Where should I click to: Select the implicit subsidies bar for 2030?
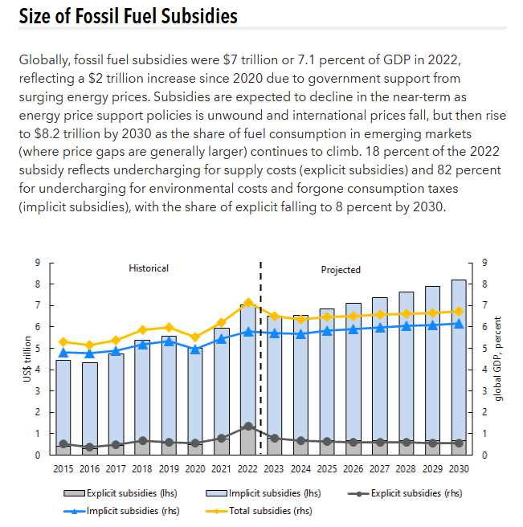click(x=459, y=362)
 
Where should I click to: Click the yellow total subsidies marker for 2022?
click(x=249, y=303)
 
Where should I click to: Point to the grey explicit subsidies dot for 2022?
click(x=249, y=427)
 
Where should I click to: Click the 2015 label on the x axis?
click(x=63, y=468)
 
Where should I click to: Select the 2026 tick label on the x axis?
click(x=353, y=468)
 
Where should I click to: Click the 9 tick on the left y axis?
click(x=37, y=263)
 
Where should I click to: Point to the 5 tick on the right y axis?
click(x=483, y=348)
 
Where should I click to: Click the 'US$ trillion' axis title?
click(x=27, y=358)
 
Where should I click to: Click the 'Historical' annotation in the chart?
click(x=149, y=268)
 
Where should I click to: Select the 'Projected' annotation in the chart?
click(x=341, y=270)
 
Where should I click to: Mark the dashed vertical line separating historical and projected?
click(x=261, y=362)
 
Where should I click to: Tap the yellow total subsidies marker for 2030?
click(x=459, y=312)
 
